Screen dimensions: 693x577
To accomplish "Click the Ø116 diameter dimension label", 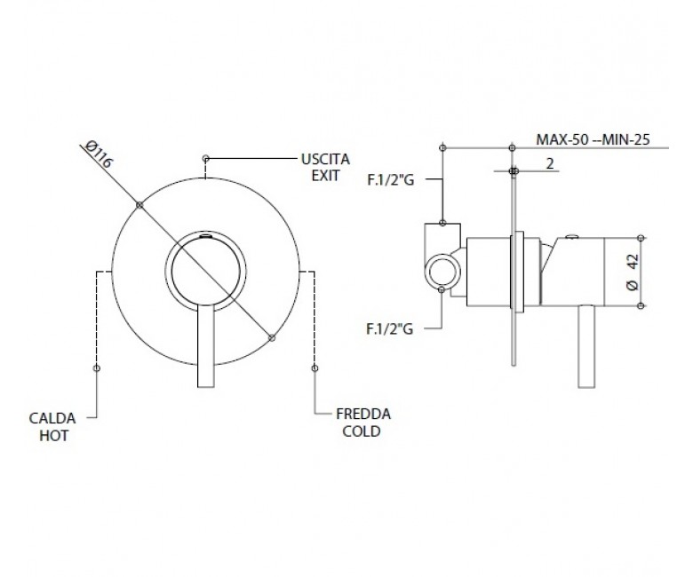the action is click(99, 154).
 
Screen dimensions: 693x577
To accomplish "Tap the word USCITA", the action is click(325, 159).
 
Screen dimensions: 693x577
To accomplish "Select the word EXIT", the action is click(325, 176).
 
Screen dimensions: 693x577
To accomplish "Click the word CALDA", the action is click(52, 418).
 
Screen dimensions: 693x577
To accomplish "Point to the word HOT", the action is click(54, 436).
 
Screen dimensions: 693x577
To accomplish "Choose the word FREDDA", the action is click(363, 414).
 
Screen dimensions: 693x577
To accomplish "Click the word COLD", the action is click(362, 431).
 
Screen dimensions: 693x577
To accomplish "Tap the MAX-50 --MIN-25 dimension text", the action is click(593, 139).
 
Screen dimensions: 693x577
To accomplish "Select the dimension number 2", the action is click(550, 164).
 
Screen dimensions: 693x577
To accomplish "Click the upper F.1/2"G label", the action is click(391, 180).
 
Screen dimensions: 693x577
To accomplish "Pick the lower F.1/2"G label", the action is click(390, 329).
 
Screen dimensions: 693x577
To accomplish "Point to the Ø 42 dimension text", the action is click(633, 272).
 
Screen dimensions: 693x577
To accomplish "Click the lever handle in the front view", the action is click(206, 346).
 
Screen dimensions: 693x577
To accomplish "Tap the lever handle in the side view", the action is click(586, 346).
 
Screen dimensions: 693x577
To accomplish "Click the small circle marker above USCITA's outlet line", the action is click(205, 158).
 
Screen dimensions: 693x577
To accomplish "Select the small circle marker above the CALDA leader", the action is click(97, 368).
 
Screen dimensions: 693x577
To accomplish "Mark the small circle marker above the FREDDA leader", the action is click(315, 368).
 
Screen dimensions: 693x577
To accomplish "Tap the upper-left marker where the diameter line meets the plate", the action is click(139, 205).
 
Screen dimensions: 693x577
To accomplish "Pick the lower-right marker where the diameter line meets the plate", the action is click(272, 337).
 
